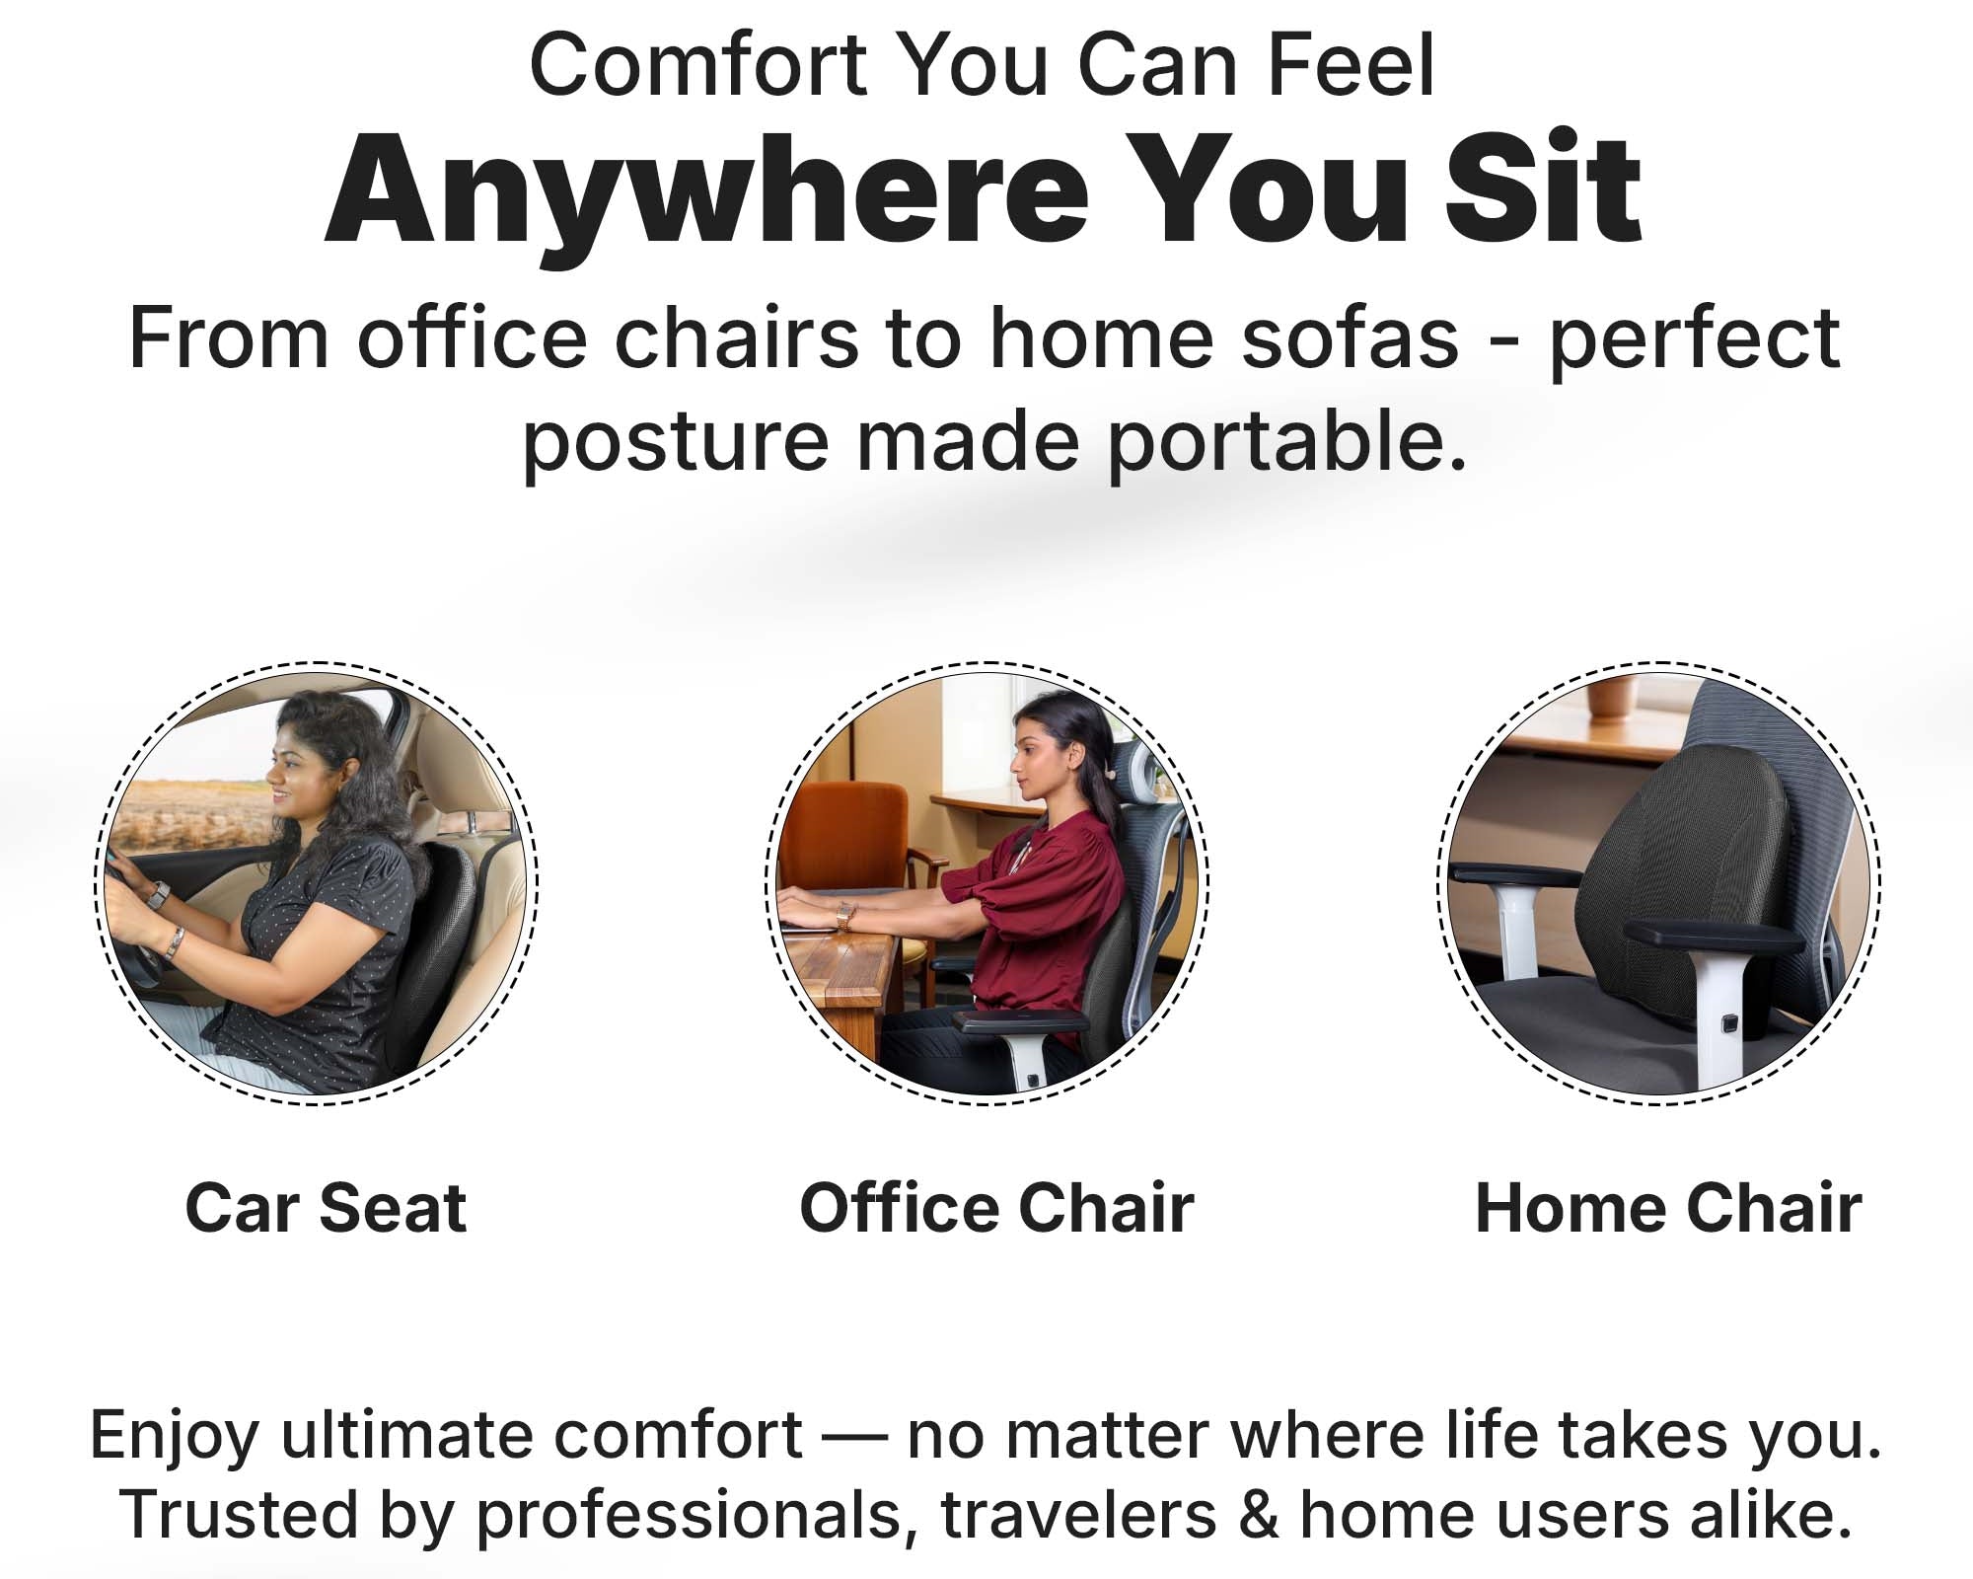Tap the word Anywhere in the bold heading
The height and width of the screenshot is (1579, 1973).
[x=705, y=190]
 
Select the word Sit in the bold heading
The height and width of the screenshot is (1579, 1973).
[x=1544, y=188]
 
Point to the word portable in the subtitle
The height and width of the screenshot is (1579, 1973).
[x=1287, y=442]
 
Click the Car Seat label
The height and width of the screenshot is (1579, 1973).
[x=326, y=1208]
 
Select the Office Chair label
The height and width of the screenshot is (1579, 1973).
[x=996, y=1208]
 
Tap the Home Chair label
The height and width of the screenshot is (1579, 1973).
[x=1668, y=1208]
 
